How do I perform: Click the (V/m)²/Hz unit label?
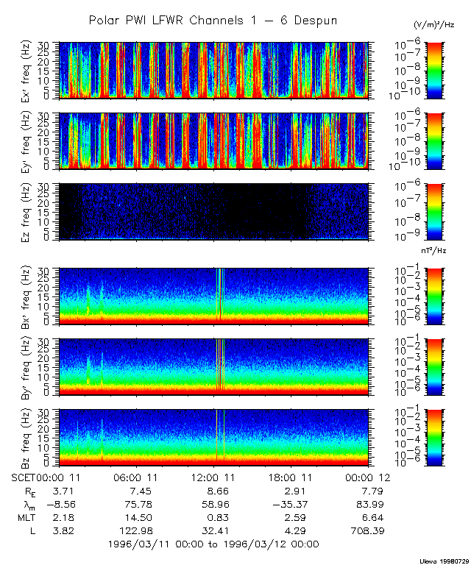tap(434, 25)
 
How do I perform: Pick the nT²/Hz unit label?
tap(436, 252)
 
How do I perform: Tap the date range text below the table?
tap(213, 544)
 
